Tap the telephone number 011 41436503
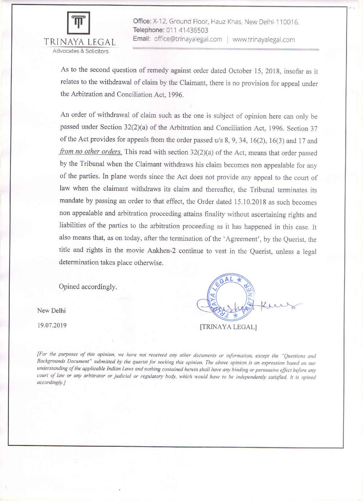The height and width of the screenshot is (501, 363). (x=186, y=30)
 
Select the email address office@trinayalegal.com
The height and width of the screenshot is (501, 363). (x=188, y=39)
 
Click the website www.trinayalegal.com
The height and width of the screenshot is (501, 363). (x=263, y=39)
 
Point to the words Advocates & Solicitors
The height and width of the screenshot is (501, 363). (x=80, y=51)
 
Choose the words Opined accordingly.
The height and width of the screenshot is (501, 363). (x=88, y=287)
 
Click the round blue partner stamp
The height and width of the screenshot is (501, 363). (x=231, y=297)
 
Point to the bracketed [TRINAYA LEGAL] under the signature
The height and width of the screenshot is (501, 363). (x=228, y=327)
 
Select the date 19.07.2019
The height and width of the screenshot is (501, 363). (x=52, y=325)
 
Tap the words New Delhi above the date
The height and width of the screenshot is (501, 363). (x=51, y=310)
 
